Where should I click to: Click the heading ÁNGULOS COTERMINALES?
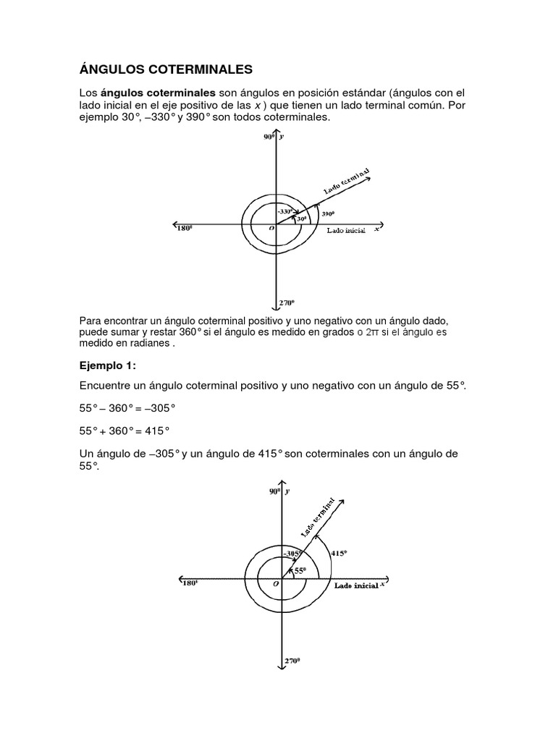click(x=165, y=69)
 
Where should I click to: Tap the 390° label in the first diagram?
click(x=328, y=214)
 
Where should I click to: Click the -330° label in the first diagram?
click(x=285, y=211)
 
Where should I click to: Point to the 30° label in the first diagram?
click(x=300, y=217)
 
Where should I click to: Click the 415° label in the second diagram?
click(x=339, y=553)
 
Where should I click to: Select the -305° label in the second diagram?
click(x=292, y=553)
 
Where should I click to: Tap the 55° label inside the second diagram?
click(x=300, y=570)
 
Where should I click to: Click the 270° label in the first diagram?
click(x=287, y=303)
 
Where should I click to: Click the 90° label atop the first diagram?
click(x=269, y=137)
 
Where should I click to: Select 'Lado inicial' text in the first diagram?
click(x=345, y=230)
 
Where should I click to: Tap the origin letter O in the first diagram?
click(x=271, y=228)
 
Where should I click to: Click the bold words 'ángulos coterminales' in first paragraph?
click(x=158, y=93)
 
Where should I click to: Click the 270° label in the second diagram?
click(x=290, y=661)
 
